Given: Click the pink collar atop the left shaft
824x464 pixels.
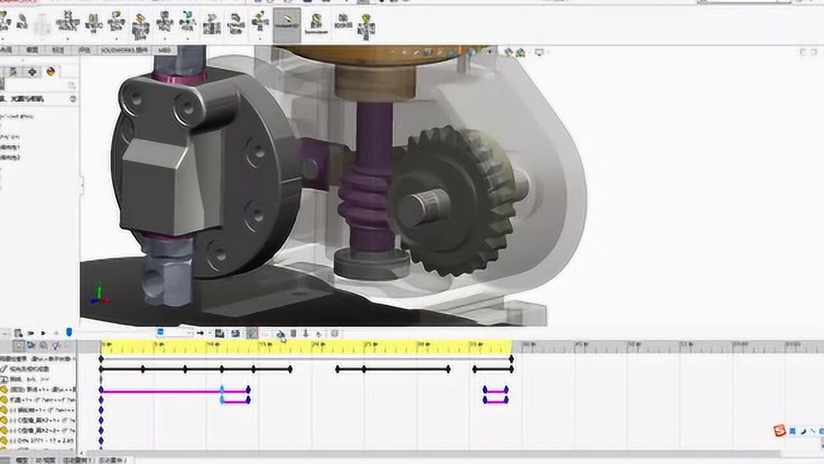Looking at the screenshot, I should pos(179,77).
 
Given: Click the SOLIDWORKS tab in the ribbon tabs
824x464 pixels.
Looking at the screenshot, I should pos(123,50).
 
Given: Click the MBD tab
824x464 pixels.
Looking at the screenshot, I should pos(165,50).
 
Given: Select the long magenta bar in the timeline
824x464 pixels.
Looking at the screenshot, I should pos(161,391).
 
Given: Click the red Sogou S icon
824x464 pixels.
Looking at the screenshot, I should pos(780,431).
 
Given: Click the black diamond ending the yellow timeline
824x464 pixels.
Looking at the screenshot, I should pos(512,358).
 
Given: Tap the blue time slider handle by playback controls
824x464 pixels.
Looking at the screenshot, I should pos(69,333).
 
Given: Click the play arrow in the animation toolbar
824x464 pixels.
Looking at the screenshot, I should pos(43,333).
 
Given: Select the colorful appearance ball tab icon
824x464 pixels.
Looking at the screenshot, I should pos(51,72).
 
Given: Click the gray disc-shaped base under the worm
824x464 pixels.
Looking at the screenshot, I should pos(371,264).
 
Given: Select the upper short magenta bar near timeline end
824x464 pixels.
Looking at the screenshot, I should pos(496,391).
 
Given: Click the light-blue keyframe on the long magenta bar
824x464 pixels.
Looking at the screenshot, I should pos(222,391).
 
